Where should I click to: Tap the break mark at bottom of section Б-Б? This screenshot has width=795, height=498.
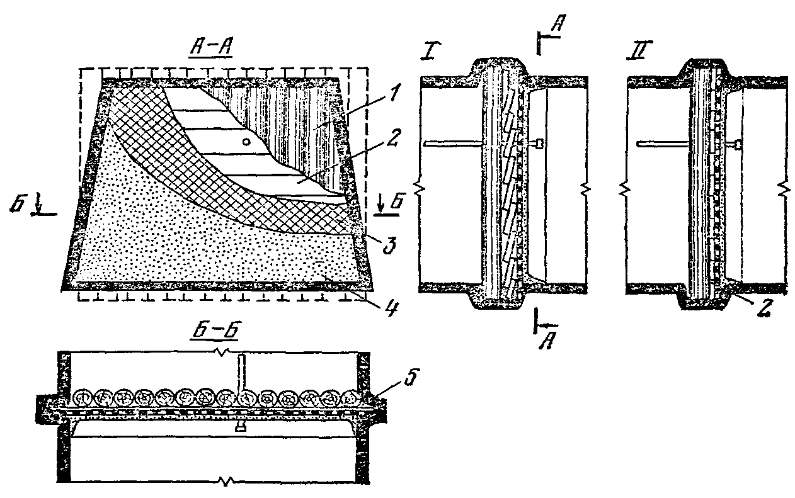coord(224,482)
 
